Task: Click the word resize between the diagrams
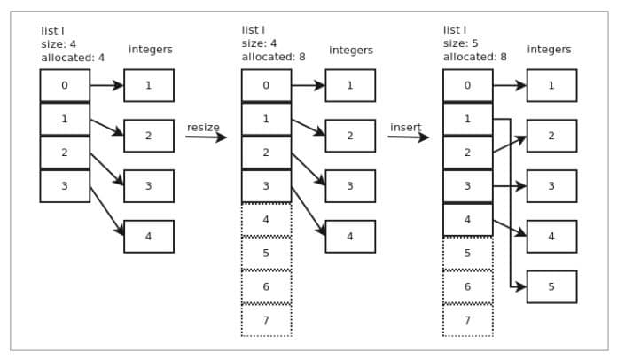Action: point(203,128)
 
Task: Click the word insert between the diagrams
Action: point(405,128)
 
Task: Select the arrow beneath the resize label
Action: point(206,137)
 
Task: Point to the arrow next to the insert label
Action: point(408,137)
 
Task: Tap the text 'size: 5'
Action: point(462,43)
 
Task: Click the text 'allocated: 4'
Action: point(73,57)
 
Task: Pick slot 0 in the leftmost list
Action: point(65,86)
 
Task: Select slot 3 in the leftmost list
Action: point(65,186)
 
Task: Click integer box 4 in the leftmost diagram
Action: point(149,237)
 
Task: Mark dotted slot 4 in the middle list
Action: point(266,220)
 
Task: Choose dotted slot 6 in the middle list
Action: point(266,286)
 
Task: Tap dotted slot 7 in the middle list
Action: point(266,320)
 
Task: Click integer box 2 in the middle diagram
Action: point(350,136)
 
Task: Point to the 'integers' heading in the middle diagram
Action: point(351,51)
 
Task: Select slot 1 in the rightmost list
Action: point(467,119)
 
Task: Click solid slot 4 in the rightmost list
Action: point(467,220)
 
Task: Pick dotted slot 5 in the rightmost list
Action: point(467,254)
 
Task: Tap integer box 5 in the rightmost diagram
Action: point(551,287)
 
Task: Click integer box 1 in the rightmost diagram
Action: point(551,86)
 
